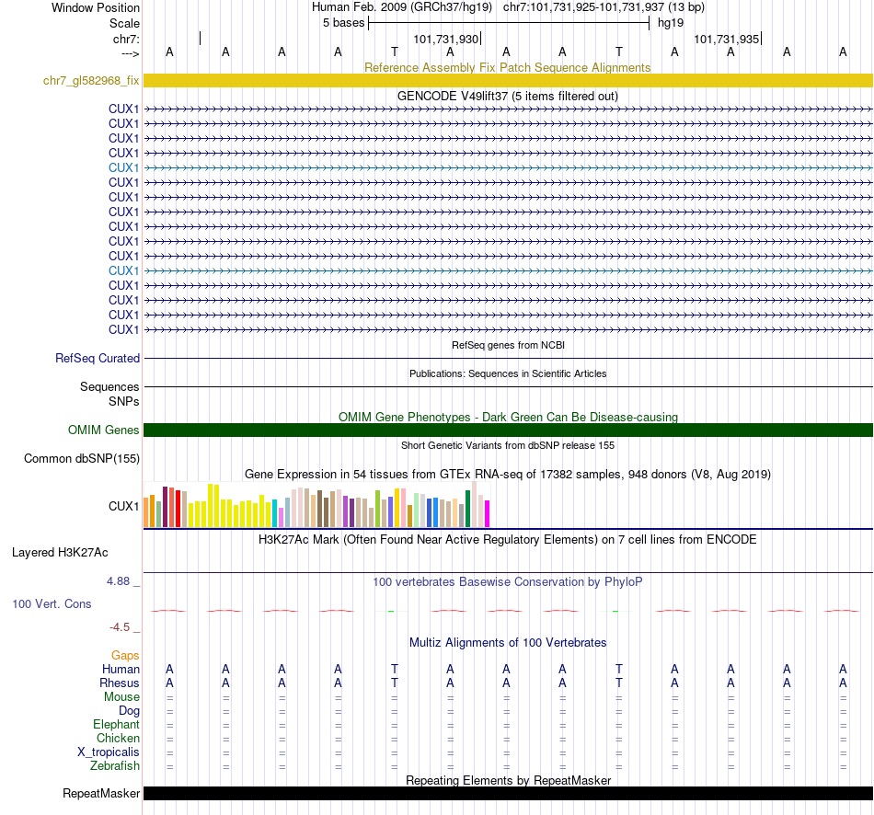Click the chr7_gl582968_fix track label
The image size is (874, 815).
tap(91, 81)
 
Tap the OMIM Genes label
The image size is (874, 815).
tap(104, 430)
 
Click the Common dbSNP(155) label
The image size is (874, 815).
tap(82, 459)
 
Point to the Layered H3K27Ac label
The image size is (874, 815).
tap(60, 553)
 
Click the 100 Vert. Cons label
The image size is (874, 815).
tap(52, 604)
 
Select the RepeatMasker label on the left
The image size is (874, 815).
tap(101, 794)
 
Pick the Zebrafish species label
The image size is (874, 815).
tap(115, 766)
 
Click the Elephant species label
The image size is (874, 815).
tap(116, 725)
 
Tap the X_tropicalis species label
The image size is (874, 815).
tap(109, 752)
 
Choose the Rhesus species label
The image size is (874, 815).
tap(120, 683)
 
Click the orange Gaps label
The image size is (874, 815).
tap(126, 655)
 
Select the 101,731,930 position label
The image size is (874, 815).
tap(446, 40)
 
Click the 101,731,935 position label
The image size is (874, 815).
tap(727, 40)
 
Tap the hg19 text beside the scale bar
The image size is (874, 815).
tap(670, 23)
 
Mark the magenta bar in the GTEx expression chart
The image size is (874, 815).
tap(487, 513)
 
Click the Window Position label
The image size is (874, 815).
tap(96, 7)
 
